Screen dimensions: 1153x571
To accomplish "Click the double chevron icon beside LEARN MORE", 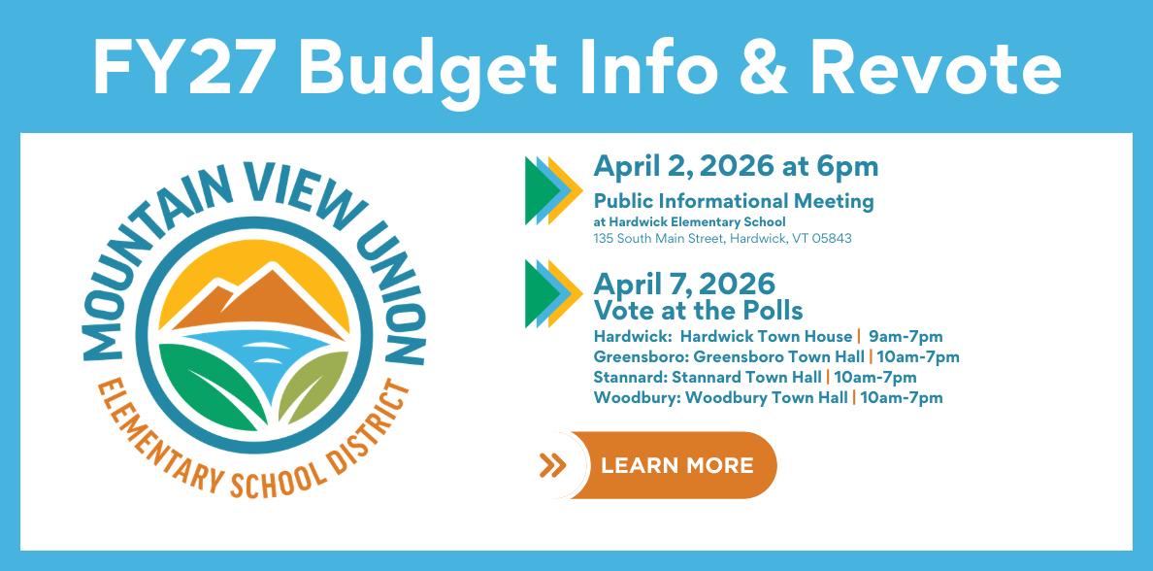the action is pos(552,465).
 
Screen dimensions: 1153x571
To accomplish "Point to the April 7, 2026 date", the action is pos(684,284).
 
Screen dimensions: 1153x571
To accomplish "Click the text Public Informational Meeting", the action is pos(734,201).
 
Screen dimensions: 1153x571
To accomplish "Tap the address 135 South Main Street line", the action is pos(723,239).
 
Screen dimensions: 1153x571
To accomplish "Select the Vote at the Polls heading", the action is pos(698,310).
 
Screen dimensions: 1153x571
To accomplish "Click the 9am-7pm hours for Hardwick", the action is pos(906,337).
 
